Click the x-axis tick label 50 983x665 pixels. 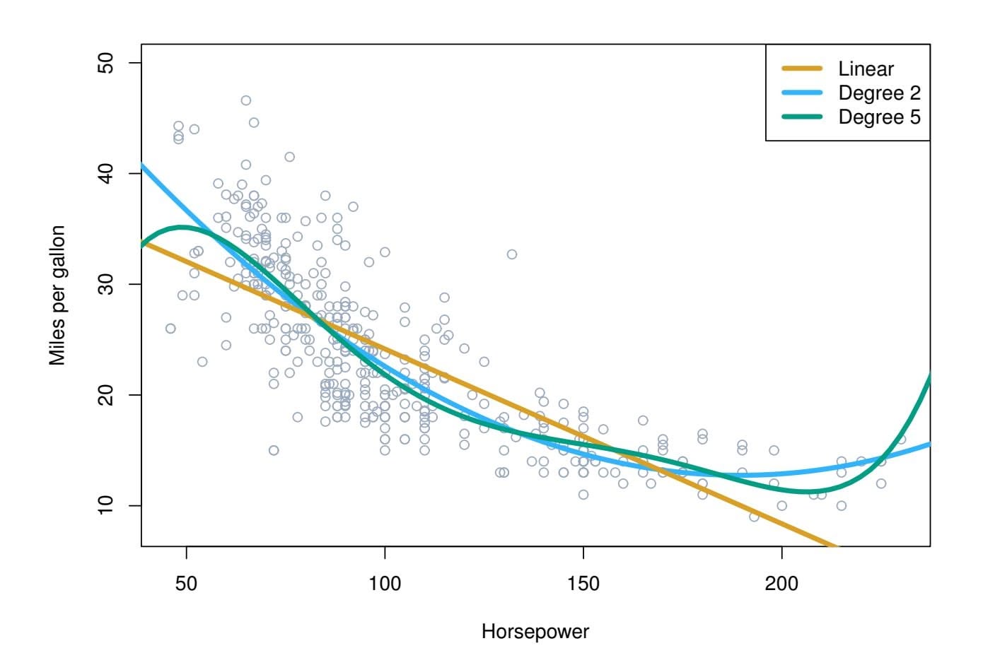pos(186,584)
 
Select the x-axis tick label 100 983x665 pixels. pos(385,584)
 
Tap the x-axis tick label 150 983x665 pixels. pos(583,584)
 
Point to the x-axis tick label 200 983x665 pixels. pos(782,584)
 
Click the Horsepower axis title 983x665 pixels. pos(535,631)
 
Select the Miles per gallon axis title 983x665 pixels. pos(57,295)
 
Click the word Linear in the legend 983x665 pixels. pos(866,69)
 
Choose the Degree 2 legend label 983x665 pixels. pos(879,93)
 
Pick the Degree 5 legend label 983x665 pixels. pos(879,117)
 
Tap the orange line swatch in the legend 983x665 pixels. pos(802,69)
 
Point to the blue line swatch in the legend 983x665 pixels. pos(802,93)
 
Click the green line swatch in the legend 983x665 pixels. pos(802,117)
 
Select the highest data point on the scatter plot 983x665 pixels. pos(245,100)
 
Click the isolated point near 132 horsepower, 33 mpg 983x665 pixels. pos(511,254)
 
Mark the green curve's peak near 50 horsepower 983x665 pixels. pos(181,227)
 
